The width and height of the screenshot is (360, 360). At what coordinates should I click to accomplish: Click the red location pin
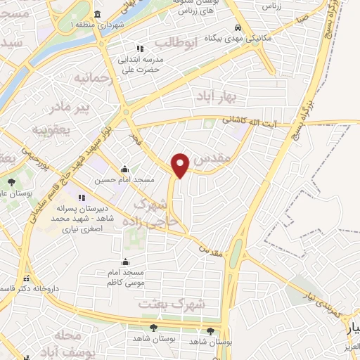[x=181, y=165]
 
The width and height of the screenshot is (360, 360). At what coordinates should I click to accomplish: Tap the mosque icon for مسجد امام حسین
[x=125, y=169]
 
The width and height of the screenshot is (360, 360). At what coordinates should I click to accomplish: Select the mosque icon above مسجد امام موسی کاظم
[x=126, y=262]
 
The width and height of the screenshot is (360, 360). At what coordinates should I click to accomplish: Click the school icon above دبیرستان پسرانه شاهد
[x=82, y=198]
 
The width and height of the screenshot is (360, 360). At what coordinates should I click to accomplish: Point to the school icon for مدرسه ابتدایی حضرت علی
[x=140, y=49]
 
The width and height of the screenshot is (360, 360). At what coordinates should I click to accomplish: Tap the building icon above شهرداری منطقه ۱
[x=96, y=15]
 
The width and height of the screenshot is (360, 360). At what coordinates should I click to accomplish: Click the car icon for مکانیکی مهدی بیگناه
[x=240, y=27]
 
